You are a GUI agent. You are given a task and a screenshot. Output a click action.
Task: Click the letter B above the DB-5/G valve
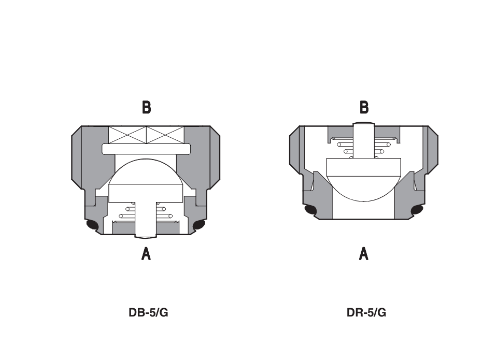147,107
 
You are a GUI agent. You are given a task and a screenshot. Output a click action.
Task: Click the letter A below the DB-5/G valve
147,254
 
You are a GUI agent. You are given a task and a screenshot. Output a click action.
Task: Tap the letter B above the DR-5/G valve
364,107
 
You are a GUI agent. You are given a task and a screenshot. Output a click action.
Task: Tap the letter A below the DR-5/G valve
364,254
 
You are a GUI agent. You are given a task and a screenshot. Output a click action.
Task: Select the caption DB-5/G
148,313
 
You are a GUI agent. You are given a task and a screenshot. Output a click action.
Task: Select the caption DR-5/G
366,313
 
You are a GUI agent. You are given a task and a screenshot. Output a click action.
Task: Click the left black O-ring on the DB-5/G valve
92,225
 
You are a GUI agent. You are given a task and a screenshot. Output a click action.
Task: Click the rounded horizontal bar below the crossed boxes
147,149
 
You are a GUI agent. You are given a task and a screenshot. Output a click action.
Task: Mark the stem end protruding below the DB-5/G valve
146,236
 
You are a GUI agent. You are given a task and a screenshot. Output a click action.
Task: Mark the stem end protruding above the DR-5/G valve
364,125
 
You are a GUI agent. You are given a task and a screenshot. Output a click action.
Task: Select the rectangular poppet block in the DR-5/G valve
364,168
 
